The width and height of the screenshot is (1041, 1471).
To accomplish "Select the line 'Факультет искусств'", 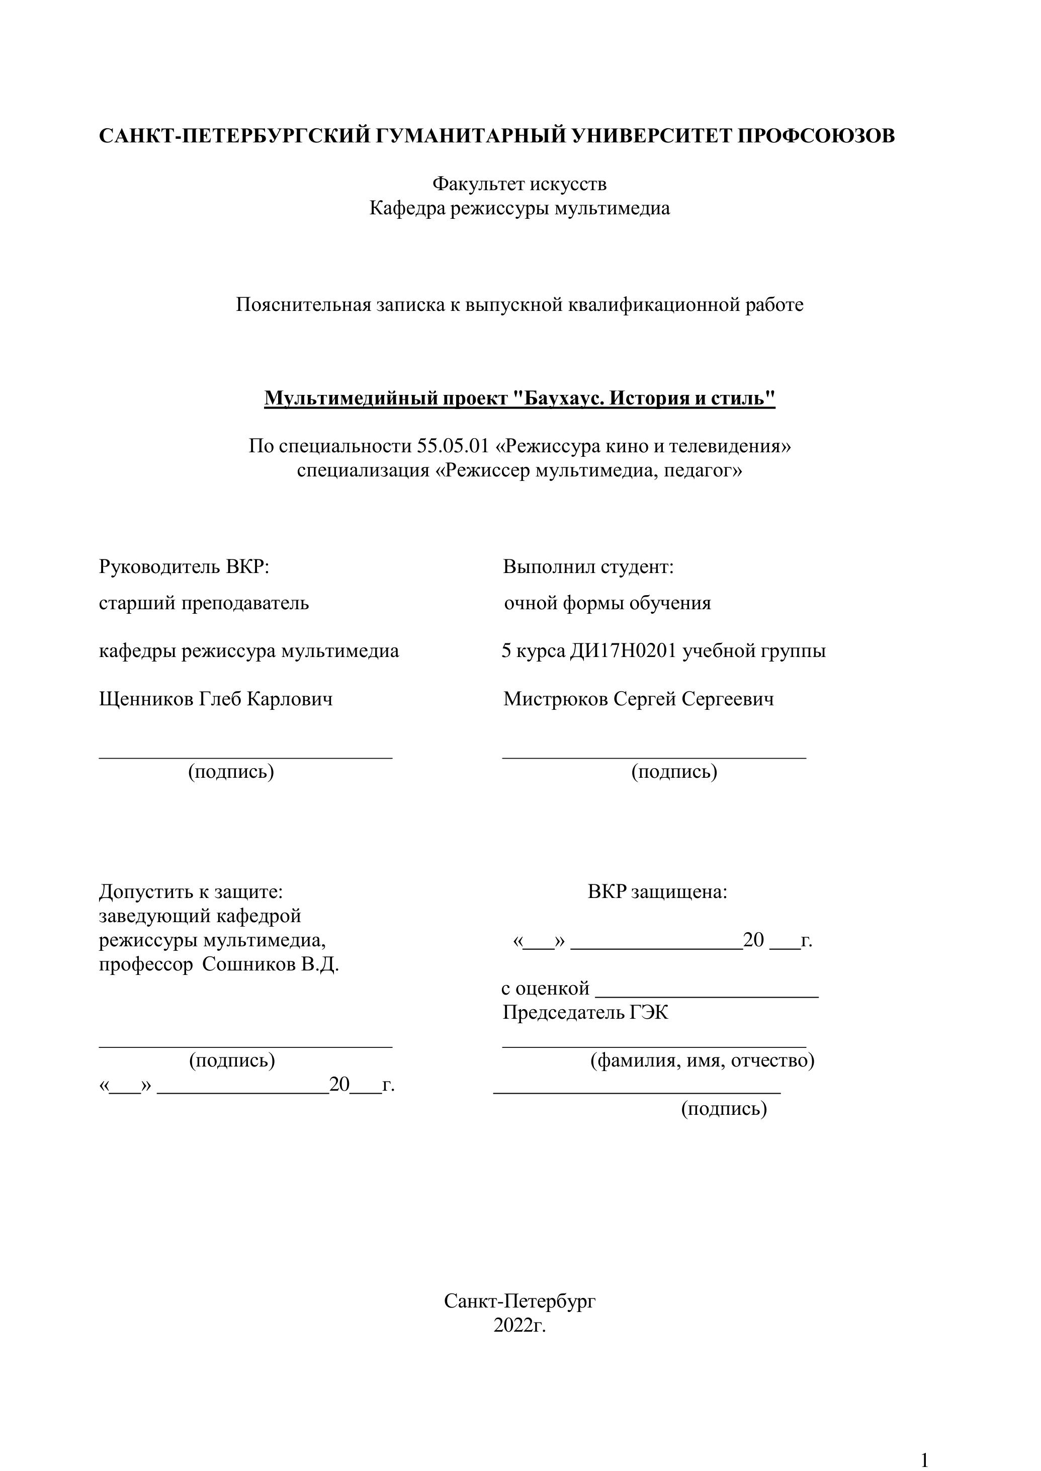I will point(519,184).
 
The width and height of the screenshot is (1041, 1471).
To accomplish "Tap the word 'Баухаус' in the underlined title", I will point(564,398).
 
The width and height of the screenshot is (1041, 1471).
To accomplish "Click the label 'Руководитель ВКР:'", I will point(184,567).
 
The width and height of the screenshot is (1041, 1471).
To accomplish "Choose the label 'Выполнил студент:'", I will point(588,567).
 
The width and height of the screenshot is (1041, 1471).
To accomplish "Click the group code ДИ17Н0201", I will point(623,651).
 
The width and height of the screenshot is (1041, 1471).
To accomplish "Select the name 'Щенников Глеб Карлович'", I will point(216,698).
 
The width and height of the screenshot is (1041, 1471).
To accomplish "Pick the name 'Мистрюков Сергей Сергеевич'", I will point(639,698).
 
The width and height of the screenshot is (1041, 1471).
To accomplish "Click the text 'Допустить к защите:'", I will point(191,891).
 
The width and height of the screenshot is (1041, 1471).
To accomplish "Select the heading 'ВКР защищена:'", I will point(657,891).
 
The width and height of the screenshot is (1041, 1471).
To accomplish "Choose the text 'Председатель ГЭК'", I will point(585,1013).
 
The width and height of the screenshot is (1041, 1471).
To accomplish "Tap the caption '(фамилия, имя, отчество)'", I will point(702,1060).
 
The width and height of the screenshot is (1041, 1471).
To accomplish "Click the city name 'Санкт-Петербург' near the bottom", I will point(519,1301).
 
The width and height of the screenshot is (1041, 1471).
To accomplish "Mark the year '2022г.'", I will point(519,1325).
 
